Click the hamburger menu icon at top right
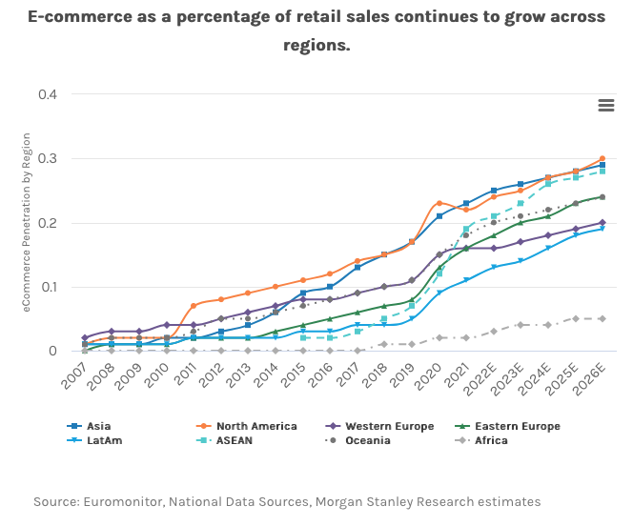(606, 106)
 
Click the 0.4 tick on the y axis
(47, 94)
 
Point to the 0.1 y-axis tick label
(47, 287)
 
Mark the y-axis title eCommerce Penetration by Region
(27, 222)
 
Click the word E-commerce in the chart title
(71, 16)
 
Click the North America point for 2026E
(602, 159)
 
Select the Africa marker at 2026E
(602, 318)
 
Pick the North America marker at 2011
(194, 306)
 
